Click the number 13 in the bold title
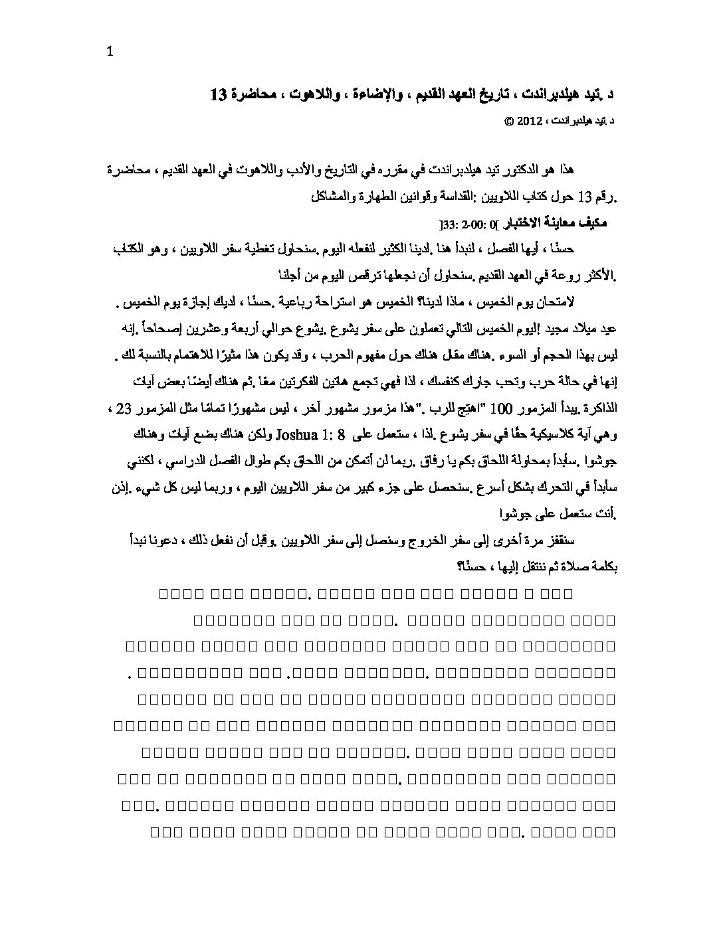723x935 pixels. (x=219, y=95)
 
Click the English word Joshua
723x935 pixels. (x=272, y=435)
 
